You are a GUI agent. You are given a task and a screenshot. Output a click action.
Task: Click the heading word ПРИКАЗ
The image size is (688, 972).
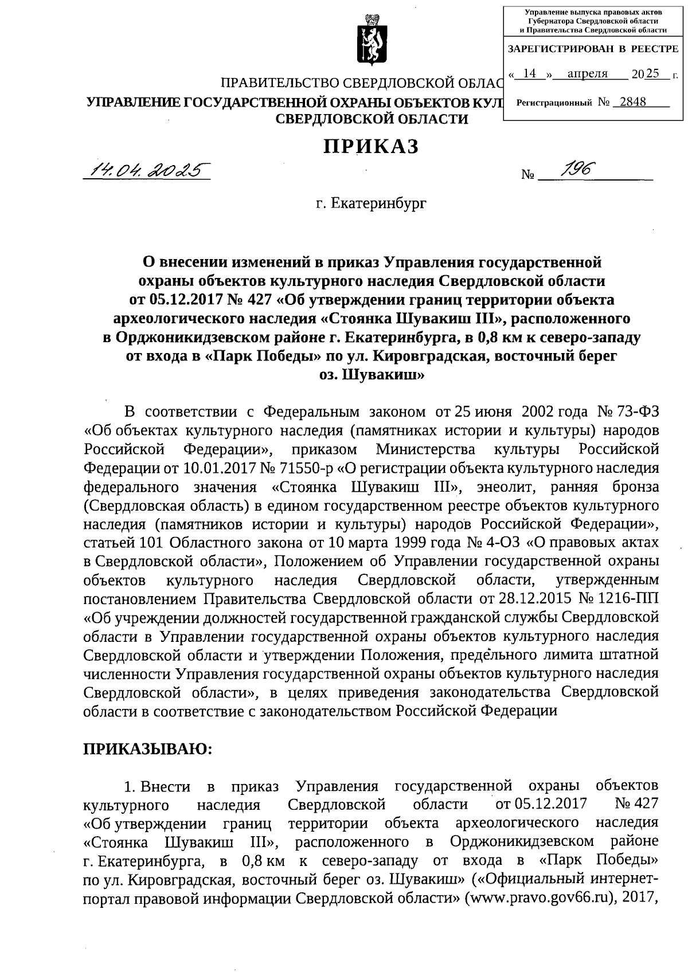coord(371,147)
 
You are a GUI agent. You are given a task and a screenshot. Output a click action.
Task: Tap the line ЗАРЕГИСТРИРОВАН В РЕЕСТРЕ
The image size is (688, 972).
coord(593,49)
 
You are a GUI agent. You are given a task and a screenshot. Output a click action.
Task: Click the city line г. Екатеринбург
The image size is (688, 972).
coord(371,203)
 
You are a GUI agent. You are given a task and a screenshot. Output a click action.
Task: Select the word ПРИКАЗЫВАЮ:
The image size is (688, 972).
coord(148,749)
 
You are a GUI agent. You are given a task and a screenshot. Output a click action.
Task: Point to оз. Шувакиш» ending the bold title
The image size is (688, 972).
coord(371,375)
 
